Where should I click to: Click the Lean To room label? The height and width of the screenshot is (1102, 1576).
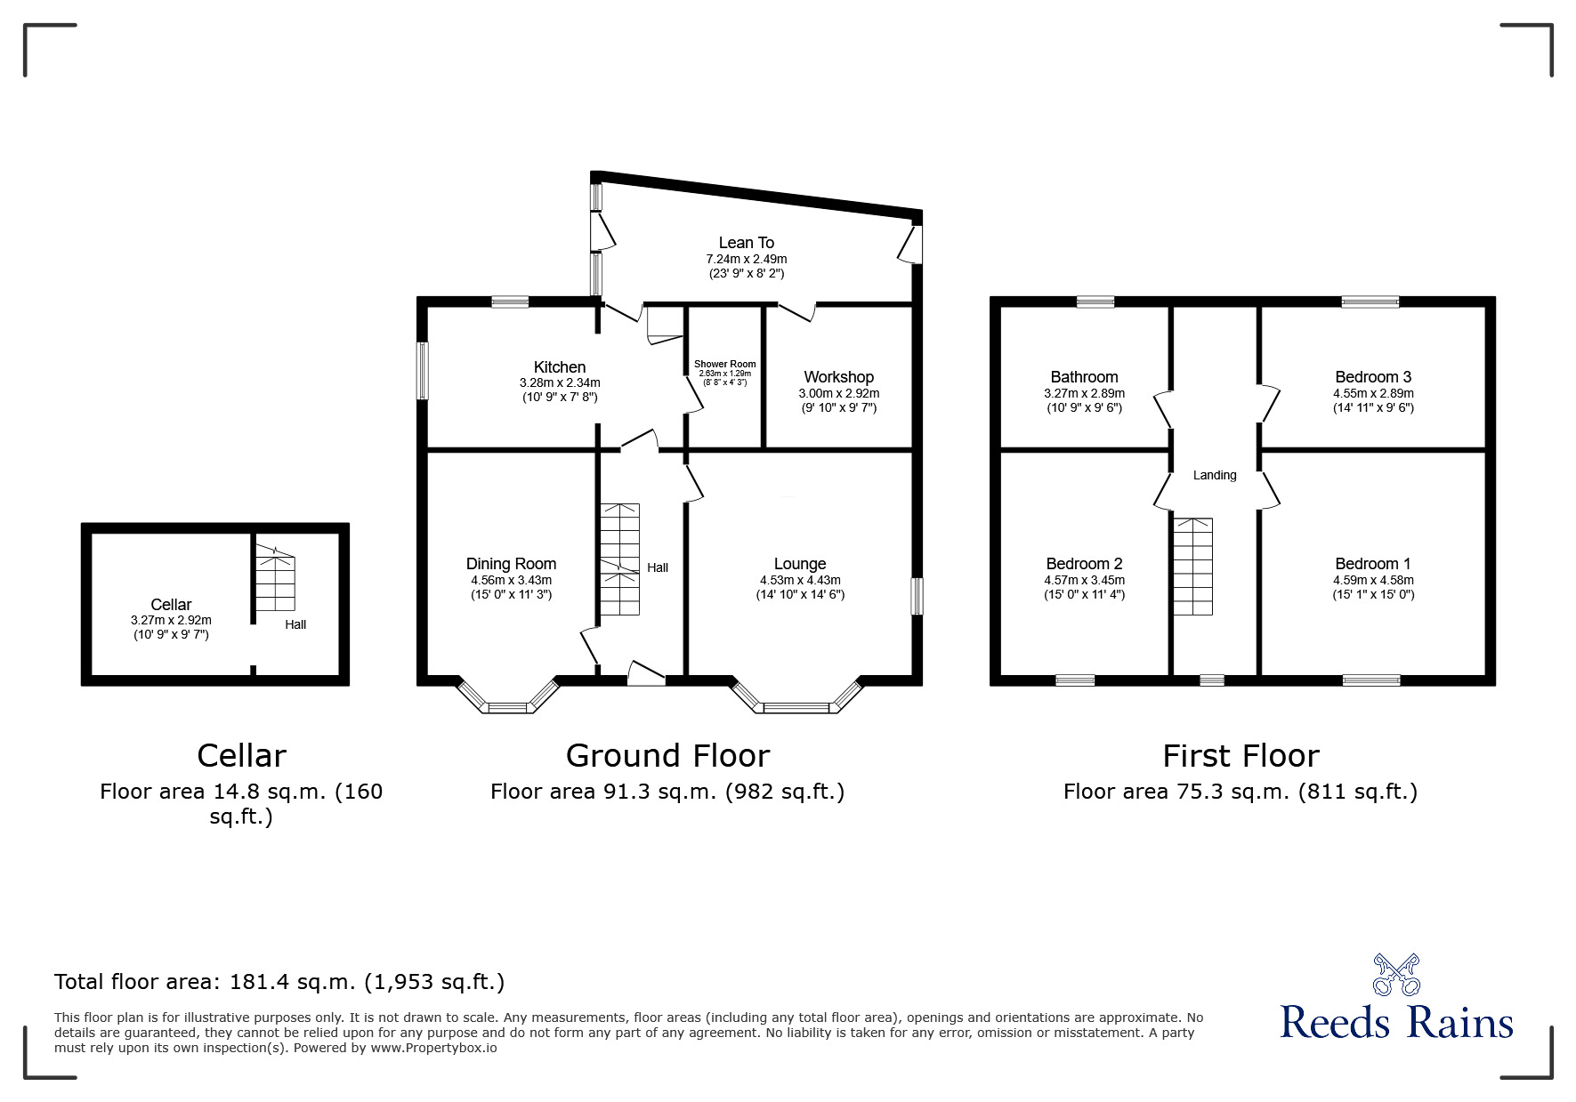[746, 243]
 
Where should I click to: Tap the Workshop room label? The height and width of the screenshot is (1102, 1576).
[838, 377]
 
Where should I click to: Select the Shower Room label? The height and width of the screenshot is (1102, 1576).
[724, 364]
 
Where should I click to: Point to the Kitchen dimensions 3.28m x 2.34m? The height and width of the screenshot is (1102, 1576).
[560, 382]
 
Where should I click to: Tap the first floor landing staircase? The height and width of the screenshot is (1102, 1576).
[1192, 567]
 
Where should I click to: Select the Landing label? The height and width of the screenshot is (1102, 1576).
[1215, 475]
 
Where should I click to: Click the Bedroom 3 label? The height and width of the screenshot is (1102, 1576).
[1372, 377]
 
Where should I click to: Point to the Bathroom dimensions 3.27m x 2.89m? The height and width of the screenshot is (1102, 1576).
[1084, 393]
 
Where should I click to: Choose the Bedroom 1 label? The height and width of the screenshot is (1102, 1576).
[1372, 564]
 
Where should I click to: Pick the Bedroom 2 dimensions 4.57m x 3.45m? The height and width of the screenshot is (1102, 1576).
[1084, 580]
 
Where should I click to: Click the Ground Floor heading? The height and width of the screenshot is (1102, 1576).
[667, 756]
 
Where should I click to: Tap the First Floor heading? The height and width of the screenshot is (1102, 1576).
[1241, 756]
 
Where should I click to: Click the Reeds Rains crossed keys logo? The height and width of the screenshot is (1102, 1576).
[1396, 974]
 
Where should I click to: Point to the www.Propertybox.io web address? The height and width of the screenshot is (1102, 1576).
[434, 1048]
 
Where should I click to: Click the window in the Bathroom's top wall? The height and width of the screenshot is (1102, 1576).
[1095, 302]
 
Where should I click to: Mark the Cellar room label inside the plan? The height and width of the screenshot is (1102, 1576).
[171, 605]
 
